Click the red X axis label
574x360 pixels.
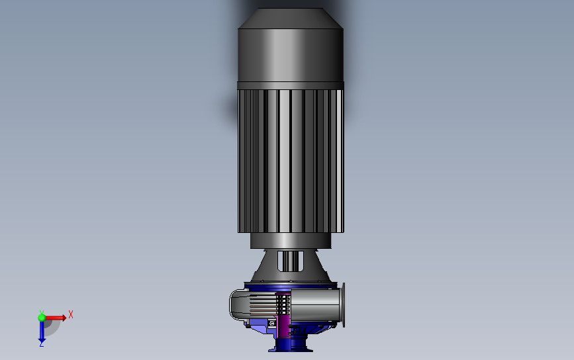(x=71, y=314)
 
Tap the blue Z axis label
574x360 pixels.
(x=41, y=345)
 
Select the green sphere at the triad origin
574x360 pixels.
(x=42, y=318)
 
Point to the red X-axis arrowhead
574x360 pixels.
(x=64, y=318)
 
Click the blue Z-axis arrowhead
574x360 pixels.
(x=42, y=341)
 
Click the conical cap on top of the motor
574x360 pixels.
(x=291, y=19)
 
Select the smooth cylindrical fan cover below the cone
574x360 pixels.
(x=291, y=55)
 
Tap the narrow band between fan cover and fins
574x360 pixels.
(x=291, y=85)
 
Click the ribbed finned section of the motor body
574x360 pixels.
(x=291, y=161)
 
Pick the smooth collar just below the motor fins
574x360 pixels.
(x=291, y=241)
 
